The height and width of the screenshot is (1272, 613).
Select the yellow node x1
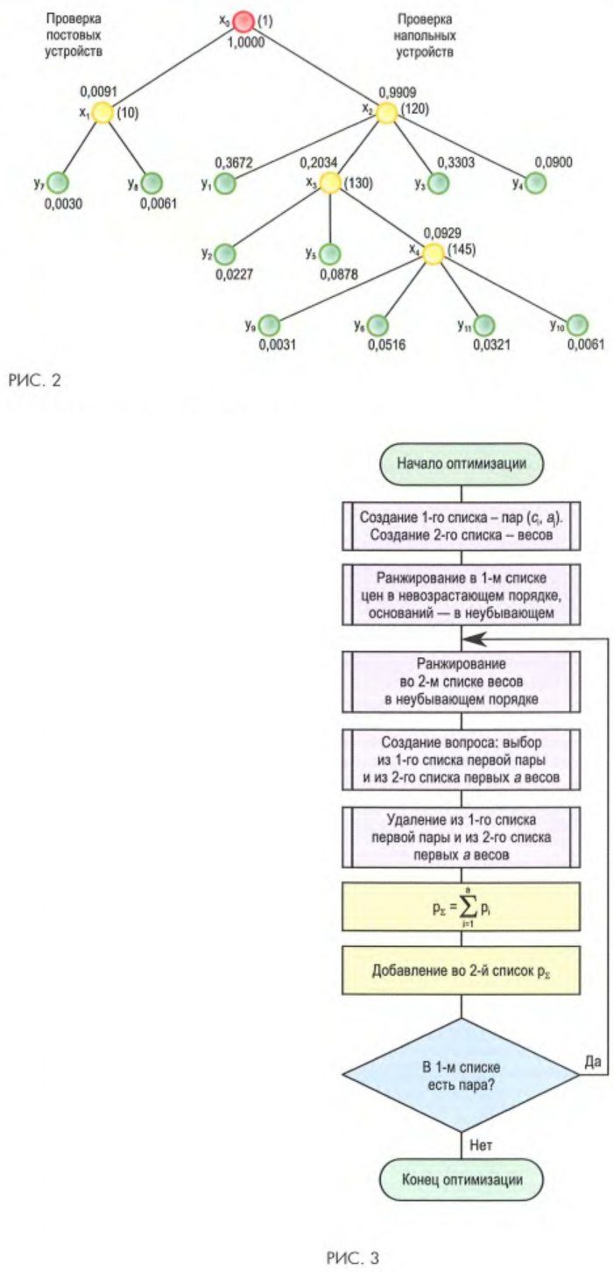pyautogui.click(x=102, y=112)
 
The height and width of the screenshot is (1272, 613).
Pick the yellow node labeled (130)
pyautogui.click(x=330, y=183)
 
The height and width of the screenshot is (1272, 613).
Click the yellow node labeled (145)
pyautogui.click(x=433, y=254)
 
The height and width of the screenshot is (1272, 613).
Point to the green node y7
pyautogui.click(x=58, y=183)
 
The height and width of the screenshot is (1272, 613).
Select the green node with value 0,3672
pyautogui.click(x=228, y=184)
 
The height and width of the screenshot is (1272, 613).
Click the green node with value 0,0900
pyautogui.click(x=535, y=183)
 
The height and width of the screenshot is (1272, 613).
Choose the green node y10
pyautogui.click(x=578, y=325)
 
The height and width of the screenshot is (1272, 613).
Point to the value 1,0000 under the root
pyautogui.click(x=246, y=41)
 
